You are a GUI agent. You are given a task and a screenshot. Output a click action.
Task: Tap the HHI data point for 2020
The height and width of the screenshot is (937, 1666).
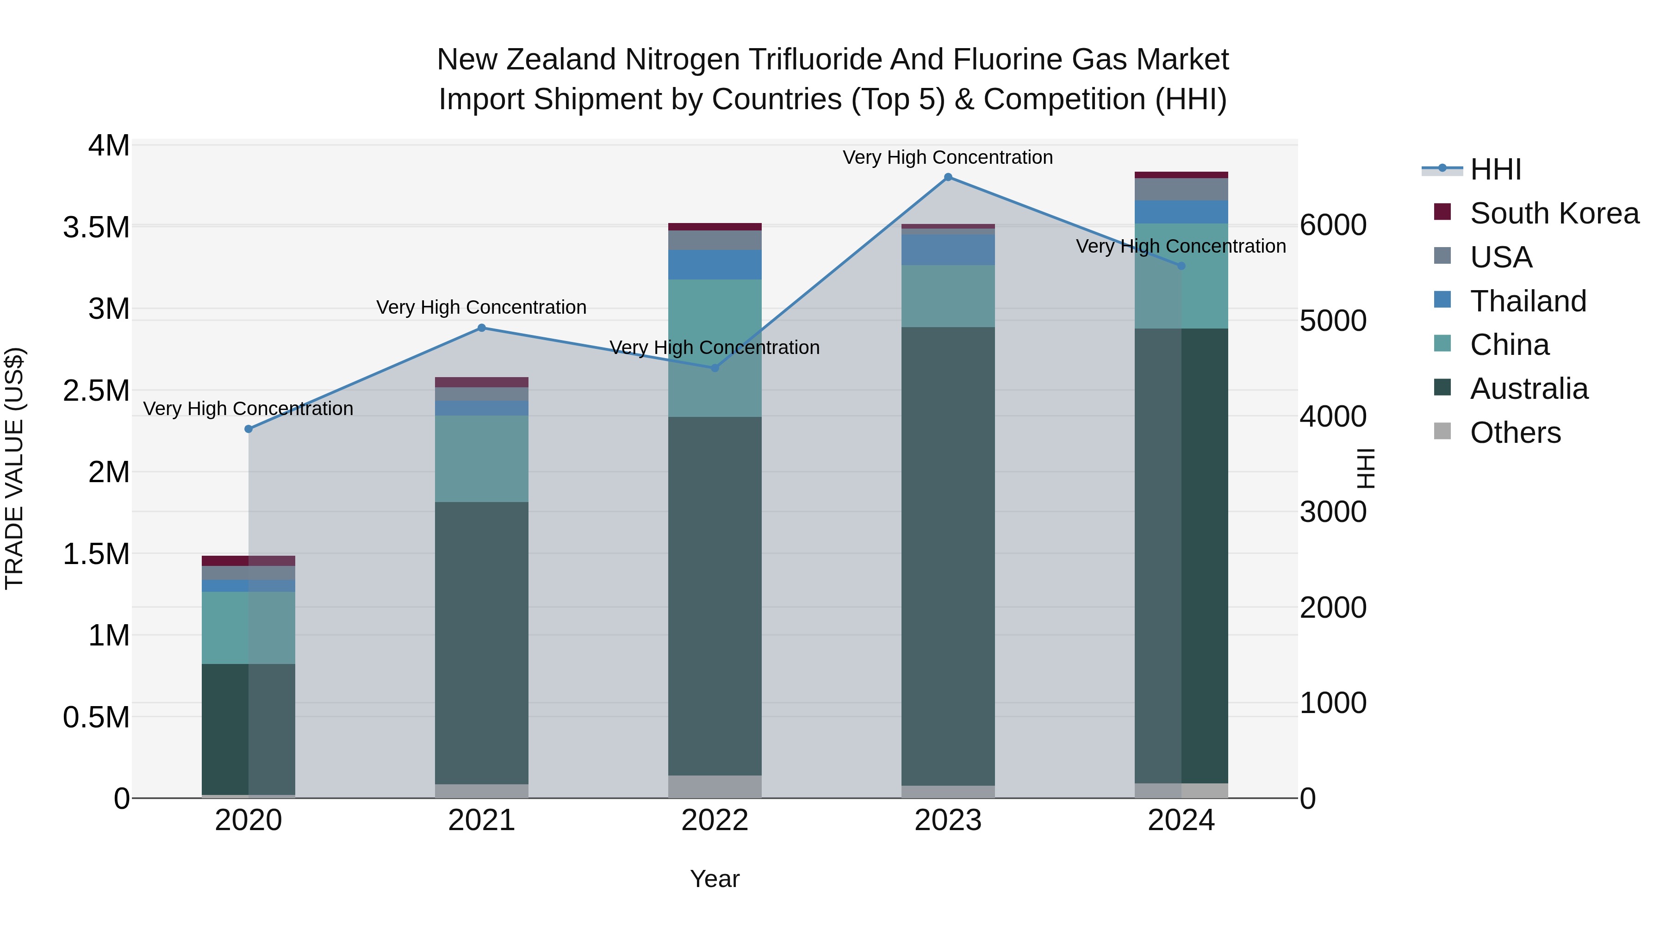click(249, 429)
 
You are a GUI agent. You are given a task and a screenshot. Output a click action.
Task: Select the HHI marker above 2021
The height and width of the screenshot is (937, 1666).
click(481, 328)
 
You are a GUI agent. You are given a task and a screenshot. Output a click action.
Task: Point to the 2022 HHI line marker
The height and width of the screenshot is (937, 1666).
click(715, 368)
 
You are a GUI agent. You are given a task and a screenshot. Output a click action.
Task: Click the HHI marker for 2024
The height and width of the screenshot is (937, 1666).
click(1181, 266)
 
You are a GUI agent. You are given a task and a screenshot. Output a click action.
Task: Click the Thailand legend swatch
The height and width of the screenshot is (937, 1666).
click(1442, 300)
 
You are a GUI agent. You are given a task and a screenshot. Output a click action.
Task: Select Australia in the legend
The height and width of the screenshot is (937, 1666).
click(1529, 389)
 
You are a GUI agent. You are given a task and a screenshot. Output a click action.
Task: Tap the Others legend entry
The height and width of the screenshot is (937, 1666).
click(1515, 433)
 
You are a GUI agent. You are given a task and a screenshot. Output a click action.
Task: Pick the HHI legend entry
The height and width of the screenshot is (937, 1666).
click(1495, 169)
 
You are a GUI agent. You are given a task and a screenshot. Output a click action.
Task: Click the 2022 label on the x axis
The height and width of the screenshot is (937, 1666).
click(715, 820)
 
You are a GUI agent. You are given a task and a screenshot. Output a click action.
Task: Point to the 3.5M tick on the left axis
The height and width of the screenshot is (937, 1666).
click(96, 228)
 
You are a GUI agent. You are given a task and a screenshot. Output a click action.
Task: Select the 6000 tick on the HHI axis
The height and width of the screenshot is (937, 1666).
click(1333, 226)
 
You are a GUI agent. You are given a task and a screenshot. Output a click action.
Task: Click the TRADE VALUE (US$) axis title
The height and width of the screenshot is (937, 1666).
click(14, 468)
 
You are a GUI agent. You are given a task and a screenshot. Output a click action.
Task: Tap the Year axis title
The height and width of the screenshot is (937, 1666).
click(715, 879)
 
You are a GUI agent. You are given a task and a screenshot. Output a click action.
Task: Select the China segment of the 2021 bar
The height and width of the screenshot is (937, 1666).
click(481, 459)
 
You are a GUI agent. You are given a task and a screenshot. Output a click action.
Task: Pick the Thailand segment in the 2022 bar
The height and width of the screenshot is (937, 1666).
click(715, 265)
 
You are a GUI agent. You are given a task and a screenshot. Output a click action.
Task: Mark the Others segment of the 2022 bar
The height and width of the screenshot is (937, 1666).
click(715, 786)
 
